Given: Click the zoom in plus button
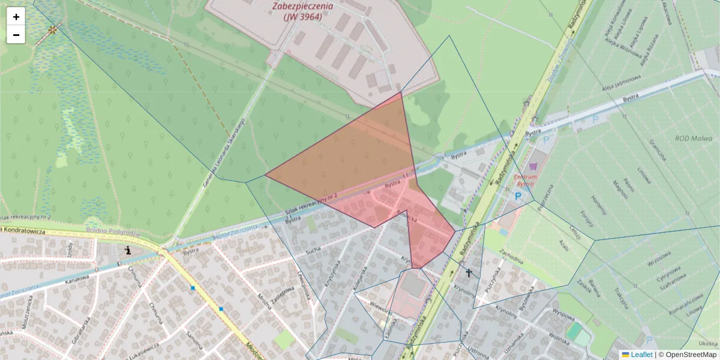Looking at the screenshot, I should coord(16,17).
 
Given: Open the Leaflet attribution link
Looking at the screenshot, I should coord(641,355).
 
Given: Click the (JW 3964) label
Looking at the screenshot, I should coord(302,17).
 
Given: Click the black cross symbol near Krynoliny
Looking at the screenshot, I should coord(469,273).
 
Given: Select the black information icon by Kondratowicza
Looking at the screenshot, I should coord(127,250).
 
